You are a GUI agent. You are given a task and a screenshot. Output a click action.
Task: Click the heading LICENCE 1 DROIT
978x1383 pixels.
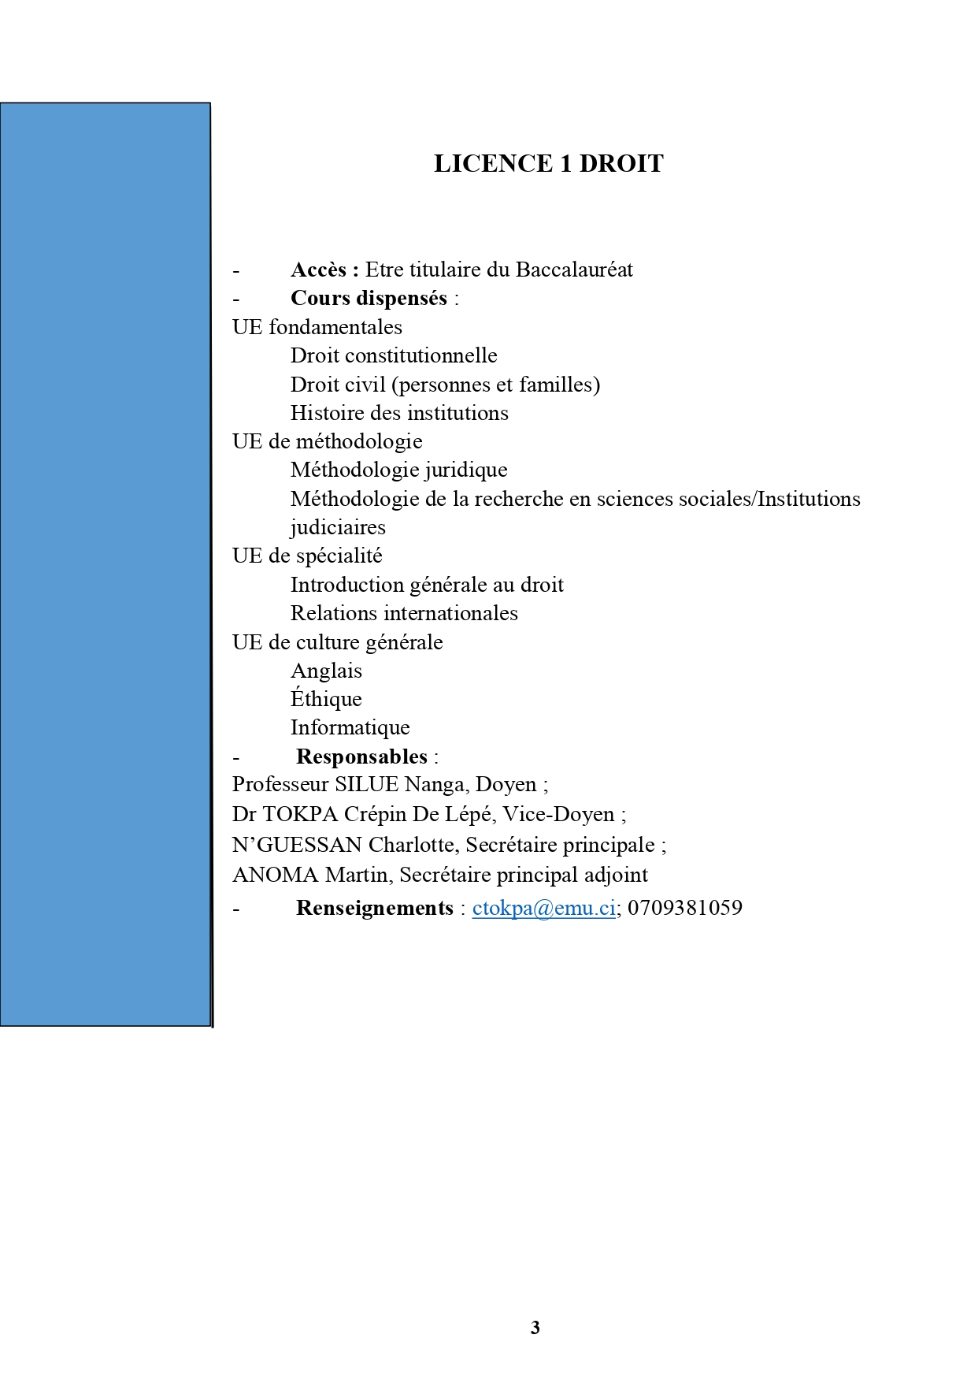point(548,163)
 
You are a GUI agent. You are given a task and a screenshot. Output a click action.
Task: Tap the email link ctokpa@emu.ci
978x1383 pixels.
point(543,908)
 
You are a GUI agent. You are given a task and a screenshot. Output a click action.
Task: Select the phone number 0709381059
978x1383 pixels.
point(684,908)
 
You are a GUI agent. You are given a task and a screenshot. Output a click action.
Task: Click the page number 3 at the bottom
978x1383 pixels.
point(535,1328)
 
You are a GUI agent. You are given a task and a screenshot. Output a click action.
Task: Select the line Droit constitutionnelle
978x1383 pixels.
point(394,355)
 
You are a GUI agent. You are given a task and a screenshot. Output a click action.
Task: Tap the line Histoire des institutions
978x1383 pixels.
point(399,413)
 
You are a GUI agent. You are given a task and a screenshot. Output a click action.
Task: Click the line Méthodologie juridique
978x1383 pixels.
point(398,470)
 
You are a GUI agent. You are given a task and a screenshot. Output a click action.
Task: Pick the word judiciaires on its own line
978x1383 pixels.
point(338,527)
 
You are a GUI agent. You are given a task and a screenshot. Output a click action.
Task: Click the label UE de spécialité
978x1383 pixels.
point(307,556)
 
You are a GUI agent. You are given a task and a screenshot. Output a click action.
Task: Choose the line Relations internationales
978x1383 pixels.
point(404,613)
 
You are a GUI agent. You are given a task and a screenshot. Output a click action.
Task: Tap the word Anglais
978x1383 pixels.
point(326,671)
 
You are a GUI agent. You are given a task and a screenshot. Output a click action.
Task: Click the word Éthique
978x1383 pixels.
point(326,699)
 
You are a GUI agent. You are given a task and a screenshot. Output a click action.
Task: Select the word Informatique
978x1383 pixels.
point(350,727)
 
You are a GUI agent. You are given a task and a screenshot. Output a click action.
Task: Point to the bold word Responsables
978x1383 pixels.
point(361,757)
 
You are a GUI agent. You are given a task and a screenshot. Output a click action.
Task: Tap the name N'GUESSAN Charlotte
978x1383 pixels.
point(343,845)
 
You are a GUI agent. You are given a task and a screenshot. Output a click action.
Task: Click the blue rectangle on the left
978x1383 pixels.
point(106,564)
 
